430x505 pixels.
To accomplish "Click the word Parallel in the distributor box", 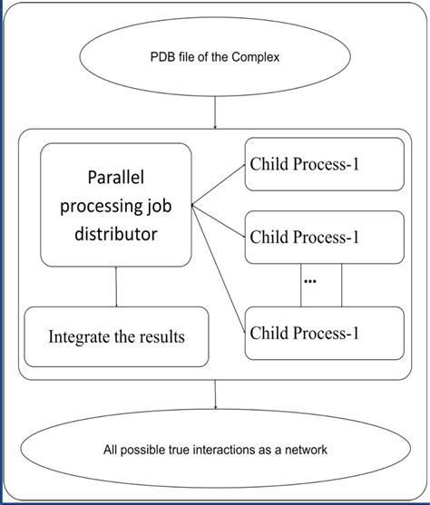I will click(116, 177).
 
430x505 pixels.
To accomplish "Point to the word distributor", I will click(116, 235).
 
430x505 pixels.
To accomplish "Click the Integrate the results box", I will click(116, 336).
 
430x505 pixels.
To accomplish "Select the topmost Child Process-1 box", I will click(325, 165).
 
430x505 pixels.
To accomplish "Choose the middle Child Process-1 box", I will click(325, 238).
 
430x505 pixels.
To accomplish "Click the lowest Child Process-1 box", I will click(325, 332).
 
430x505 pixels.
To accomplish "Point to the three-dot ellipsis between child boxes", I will click(310, 281).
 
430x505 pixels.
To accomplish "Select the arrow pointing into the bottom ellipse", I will click(215, 395).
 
